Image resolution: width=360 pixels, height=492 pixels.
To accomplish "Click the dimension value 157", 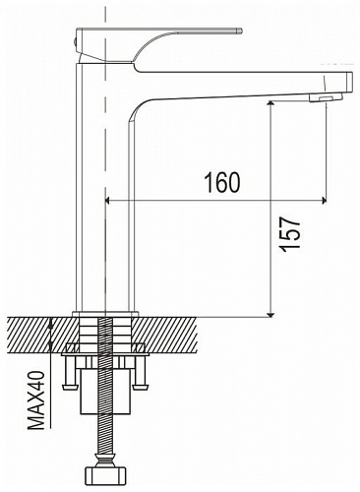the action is tap(291, 234).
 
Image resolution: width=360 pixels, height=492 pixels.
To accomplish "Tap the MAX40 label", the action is tap(36, 400).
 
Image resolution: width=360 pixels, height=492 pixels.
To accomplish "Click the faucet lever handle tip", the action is tap(240, 31).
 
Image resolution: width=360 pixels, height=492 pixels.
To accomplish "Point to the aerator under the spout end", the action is tap(326, 97).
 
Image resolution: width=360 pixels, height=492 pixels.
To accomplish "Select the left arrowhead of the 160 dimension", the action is tap(107, 200).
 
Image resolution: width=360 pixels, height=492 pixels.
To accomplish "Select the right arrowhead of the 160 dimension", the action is tap(325, 200).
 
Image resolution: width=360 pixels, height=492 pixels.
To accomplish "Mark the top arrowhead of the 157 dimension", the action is tap(270, 104).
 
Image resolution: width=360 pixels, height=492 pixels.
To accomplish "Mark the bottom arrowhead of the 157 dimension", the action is tap(270, 314).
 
